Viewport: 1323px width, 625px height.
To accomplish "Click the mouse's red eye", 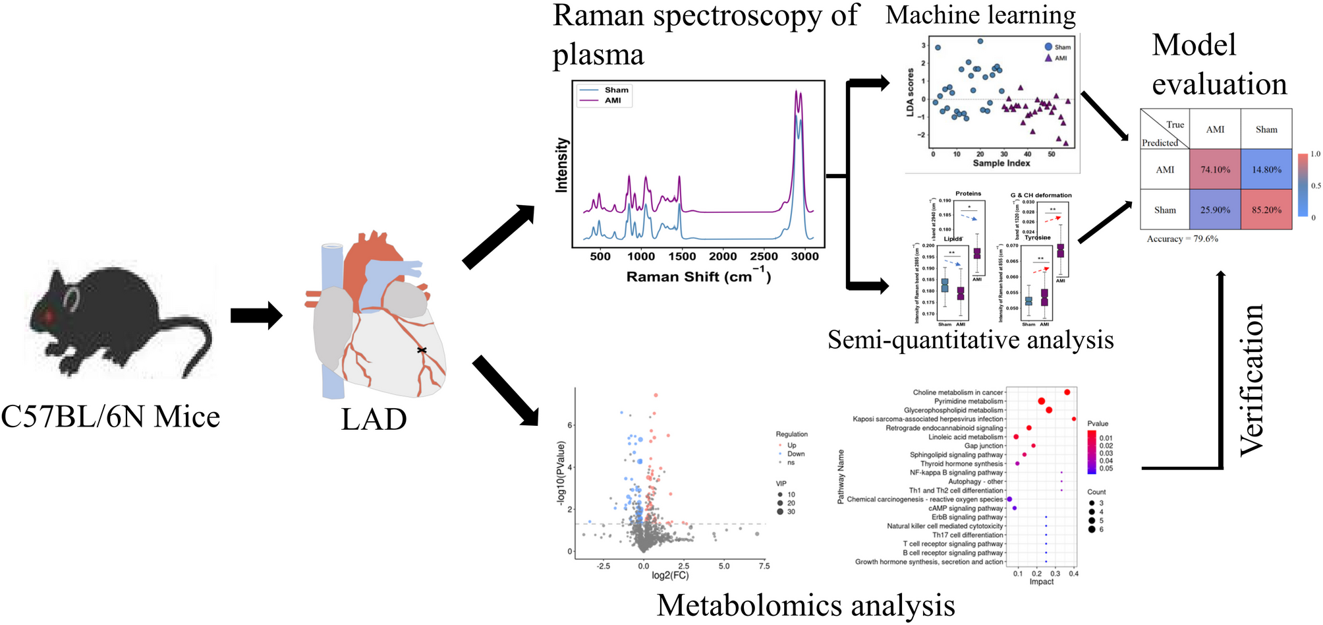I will pyautogui.click(x=48, y=316).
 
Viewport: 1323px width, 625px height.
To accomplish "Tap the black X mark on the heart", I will pyautogui.click(x=422, y=350).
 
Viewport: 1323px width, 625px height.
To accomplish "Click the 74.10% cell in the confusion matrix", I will pyautogui.click(x=1215, y=169).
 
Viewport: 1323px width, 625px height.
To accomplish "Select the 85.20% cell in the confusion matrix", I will pyautogui.click(x=1266, y=210).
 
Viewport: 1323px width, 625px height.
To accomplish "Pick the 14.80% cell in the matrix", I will pyautogui.click(x=1266, y=169).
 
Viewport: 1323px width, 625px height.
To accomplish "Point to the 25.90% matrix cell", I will pyautogui.click(x=1215, y=210).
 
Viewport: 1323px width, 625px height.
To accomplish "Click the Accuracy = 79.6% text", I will pyautogui.click(x=1182, y=239).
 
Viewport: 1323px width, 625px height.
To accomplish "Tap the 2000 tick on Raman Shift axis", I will pyautogui.click(x=723, y=256).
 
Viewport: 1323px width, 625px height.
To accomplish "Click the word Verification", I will pyautogui.click(x=1251, y=379).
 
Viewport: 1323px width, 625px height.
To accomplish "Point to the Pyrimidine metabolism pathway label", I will pyautogui.click(x=968, y=401).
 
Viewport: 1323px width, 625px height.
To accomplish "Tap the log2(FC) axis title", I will pyautogui.click(x=670, y=576).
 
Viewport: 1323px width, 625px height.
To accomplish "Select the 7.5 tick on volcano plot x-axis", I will pyautogui.click(x=764, y=566).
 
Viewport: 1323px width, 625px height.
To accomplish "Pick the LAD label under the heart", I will pyautogui.click(x=374, y=419).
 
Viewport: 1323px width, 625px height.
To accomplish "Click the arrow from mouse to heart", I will pyautogui.click(x=256, y=315).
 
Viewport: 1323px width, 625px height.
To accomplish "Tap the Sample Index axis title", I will pyautogui.click(x=1001, y=163).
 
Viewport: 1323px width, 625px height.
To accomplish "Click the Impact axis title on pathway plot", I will pyautogui.click(x=1041, y=581).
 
